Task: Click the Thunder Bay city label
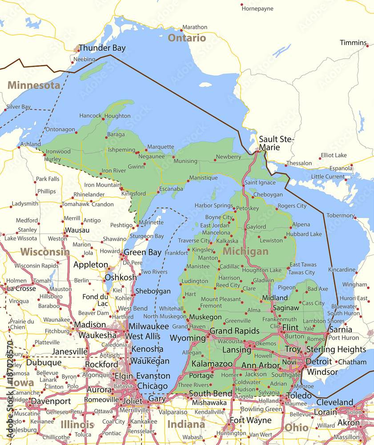102,48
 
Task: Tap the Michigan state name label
245,251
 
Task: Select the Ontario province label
187,38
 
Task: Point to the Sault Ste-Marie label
276,143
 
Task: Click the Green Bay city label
142,252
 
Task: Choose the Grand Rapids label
234,331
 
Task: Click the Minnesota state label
34,85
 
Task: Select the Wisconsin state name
44,252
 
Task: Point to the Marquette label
161,146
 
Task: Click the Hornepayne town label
257,8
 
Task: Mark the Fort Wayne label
250,420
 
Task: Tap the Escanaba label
171,189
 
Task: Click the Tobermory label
340,215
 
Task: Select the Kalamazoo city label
212,364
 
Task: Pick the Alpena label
301,225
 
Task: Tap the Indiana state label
186,424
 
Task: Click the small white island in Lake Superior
205,84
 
